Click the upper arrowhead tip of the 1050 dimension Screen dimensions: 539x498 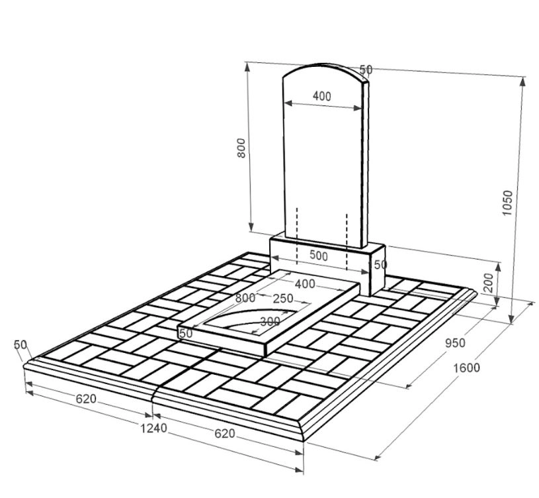(523, 77)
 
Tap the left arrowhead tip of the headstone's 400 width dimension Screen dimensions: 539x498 (285, 103)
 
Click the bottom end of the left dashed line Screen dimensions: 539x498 (297, 264)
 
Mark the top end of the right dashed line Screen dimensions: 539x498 (347, 214)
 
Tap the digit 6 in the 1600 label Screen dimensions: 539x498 (460, 368)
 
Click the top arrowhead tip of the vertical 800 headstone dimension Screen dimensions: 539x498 (247, 63)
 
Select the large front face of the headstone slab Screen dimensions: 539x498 (323, 158)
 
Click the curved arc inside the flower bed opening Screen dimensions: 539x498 (251, 315)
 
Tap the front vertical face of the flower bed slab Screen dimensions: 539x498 (222, 339)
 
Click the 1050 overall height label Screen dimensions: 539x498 (507, 203)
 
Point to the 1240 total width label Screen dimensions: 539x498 (153, 428)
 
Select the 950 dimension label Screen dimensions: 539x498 (455, 343)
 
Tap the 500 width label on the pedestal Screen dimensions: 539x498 (319, 256)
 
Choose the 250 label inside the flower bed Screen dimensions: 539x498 (283, 298)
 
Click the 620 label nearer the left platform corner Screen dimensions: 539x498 (86, 399)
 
